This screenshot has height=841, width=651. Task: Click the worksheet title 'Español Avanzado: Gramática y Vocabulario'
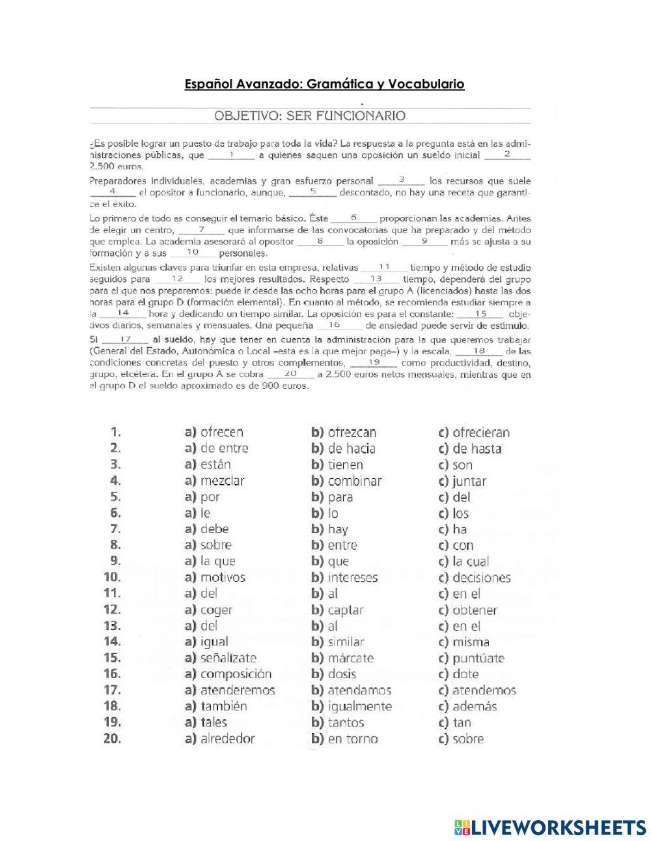click(x=324, y=84)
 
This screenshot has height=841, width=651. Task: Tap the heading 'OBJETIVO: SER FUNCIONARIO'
click(x=310, y=116)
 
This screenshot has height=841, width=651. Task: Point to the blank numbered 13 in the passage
click(x=376, y=279)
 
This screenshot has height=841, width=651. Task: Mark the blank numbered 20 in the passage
click(x=290, y=374)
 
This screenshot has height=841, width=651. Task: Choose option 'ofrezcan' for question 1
click(x=352, y=432)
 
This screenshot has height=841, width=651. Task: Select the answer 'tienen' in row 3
click(x=345, y=464)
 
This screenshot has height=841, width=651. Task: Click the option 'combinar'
click(x=354, y=481)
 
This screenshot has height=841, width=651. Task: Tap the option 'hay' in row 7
click(x=338, y=529)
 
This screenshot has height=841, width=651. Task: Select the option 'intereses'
click(x=352, y=577)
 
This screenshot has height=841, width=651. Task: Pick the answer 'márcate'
click(x=350, y=658)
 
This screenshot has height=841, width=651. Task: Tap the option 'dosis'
click(x=342, y=674)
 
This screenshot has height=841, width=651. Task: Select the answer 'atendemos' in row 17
click(x=484, y=691)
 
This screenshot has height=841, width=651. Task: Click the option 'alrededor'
click(x=227, y=739)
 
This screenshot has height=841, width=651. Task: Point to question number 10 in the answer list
click(x=112, y=577)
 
